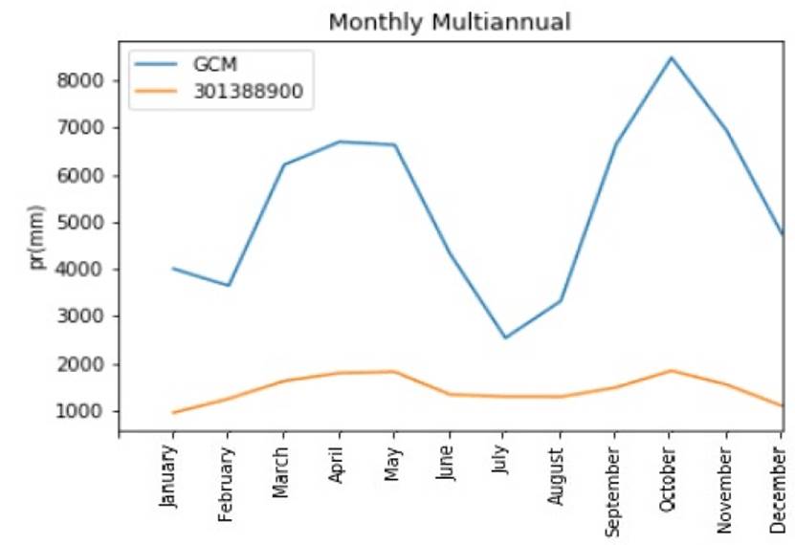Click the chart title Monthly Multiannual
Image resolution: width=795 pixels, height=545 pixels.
pos(449,21)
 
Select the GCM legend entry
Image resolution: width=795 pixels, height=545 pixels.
pos(214,64)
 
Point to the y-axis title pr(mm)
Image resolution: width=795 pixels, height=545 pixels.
pos(37,236)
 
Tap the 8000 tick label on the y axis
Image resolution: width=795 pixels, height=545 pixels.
pos(80,80)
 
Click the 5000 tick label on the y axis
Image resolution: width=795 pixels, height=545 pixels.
pos(80,223)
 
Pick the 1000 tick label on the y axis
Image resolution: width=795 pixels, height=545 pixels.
pos(80,412)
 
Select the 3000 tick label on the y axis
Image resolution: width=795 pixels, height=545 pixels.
pos(80,317)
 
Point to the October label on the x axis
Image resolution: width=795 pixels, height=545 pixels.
pos(669,477)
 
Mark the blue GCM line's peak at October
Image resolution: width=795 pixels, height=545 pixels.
pos(671,57)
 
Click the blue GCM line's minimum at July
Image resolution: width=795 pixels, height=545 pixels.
pos(504,338)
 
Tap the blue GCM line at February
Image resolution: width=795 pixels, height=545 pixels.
pos(228,285)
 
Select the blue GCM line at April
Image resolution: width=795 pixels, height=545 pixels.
pos(338,142)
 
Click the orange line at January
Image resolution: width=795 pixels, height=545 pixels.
pos(173,413)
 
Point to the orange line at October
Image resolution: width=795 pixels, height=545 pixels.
pos(670,371)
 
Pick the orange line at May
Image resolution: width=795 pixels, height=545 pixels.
pos(393,371)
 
